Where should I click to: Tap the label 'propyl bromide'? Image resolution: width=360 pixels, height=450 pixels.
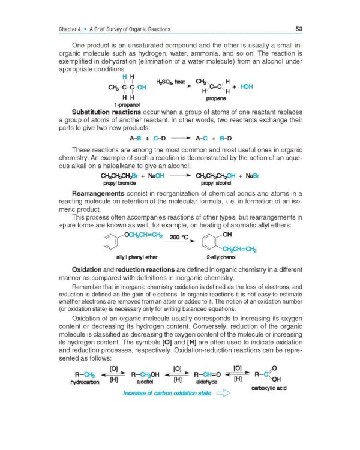120,182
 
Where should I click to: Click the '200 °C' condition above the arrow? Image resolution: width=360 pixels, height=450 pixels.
181,236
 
